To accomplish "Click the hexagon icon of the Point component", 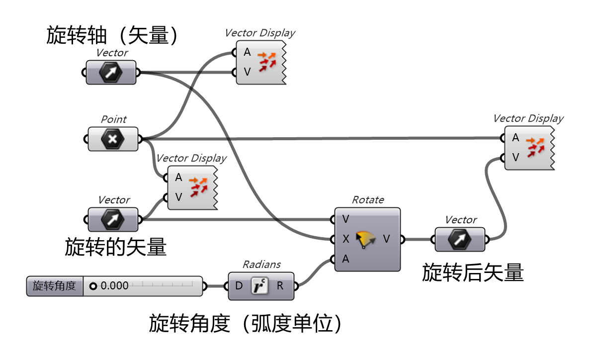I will click(113, 139).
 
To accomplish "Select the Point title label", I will click(113, 119).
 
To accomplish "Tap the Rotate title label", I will click(368, 200).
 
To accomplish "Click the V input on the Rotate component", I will click(345, 219).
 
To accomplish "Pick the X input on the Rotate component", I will click(345, 239).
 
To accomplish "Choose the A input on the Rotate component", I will click(345, 259).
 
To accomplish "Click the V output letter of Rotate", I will click(386, 239).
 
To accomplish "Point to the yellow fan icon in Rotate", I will click(366, 240).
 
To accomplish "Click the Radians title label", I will click(261, 265).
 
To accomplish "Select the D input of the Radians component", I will click(239, 286).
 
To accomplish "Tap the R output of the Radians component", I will click(280, 286).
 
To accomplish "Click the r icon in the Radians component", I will click(259, 286).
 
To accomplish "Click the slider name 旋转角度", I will click(55, 286).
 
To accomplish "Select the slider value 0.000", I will click(114, 286).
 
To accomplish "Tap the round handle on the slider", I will click(93, 286).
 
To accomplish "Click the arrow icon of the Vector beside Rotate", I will click(460, 240).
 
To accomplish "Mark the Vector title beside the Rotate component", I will click(461, 220).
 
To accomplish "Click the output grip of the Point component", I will click(139, 139).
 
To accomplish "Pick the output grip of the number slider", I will click(204, 286).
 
